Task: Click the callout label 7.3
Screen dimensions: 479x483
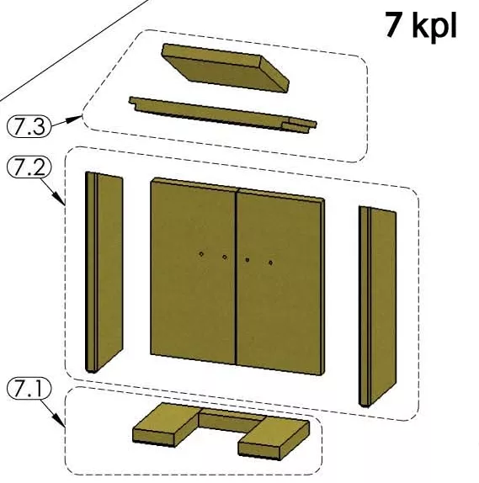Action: (29, 125)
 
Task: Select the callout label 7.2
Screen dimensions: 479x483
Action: (29, 167)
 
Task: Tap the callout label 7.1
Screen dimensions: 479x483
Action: (29, 390)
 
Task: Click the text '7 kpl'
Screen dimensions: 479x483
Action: (421, 24)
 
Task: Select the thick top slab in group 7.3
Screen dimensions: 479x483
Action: (226, 68)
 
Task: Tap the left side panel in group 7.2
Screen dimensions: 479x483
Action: (104, 273)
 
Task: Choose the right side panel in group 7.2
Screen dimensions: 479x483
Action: (378, 307)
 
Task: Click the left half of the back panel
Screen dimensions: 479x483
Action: (194, 271)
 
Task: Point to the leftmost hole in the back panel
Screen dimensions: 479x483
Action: (201, 254)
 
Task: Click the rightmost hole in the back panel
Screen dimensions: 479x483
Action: (270, 263)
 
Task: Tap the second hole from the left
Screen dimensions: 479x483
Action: (225, 257)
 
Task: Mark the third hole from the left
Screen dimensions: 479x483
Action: (247, 260)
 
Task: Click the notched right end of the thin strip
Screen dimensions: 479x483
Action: (301, 125)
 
